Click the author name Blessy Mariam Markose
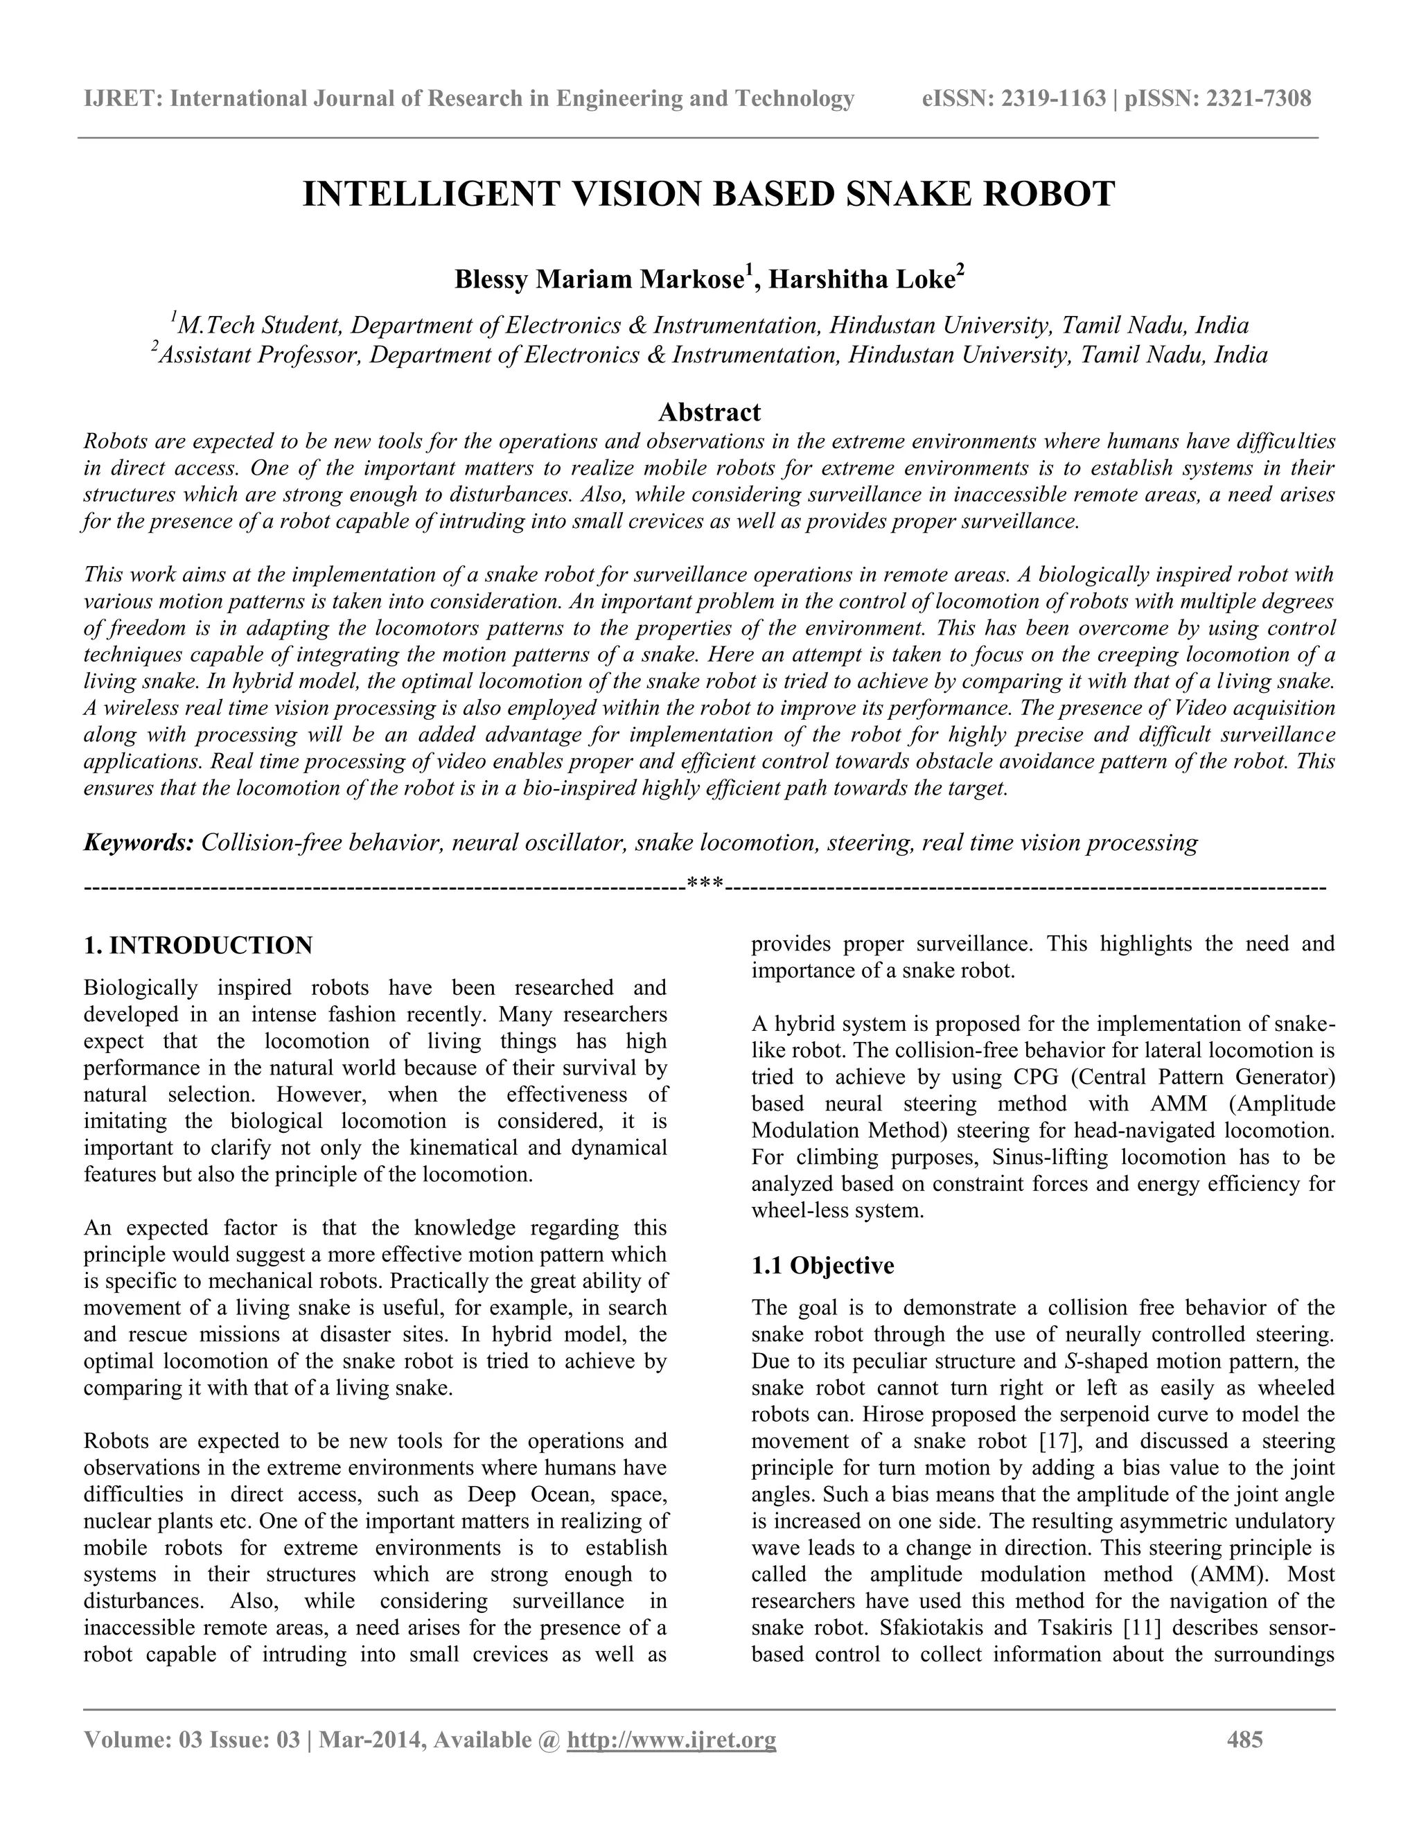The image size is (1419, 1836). [598, 280]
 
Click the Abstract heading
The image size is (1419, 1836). [709, 412]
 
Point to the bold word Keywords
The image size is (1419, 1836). [138, 842]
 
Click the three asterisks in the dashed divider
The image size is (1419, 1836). [705, 884]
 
